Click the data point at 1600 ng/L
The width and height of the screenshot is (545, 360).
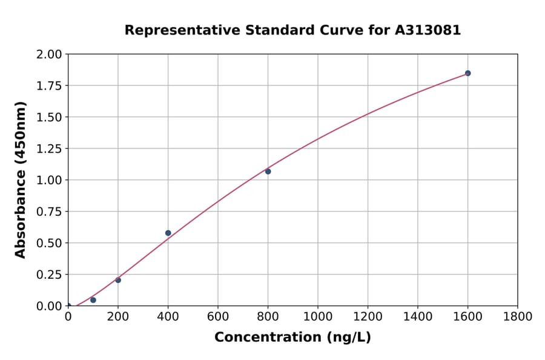(467, 73)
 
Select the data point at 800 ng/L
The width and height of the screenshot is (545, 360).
(268, 172)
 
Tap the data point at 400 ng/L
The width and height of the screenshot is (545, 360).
(168, 233)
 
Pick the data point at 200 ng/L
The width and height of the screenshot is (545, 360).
(118, 280)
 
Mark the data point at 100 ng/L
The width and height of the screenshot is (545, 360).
(93, 300)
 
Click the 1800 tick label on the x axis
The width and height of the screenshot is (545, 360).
(518, 316)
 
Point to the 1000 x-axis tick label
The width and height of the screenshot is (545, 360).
(318, 316)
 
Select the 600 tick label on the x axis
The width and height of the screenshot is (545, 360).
(218, 316)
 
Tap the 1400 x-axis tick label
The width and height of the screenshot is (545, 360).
(418, 316)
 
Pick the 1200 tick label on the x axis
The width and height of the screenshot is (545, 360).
(368, 316)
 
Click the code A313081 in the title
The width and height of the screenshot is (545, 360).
(428, 30)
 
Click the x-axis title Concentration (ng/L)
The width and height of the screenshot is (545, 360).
(292, 338)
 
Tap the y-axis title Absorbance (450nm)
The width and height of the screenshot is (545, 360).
(21, 180)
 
